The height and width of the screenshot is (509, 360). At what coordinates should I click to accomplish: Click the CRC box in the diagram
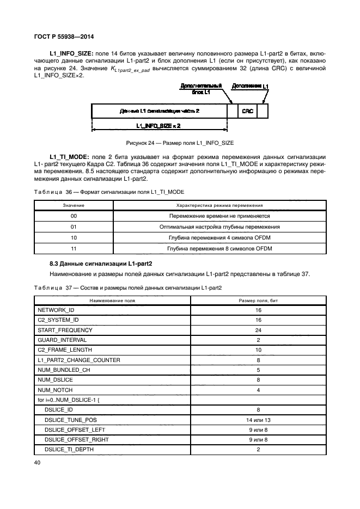248,111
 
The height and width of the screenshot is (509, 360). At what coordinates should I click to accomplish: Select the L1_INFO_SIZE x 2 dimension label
158,125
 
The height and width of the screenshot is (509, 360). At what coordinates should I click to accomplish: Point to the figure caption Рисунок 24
179,143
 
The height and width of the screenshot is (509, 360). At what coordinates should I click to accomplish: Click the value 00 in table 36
74,216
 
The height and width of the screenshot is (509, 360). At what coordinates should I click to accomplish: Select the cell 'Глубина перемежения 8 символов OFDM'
220,249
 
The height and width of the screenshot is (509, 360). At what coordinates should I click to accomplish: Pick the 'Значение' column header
74,205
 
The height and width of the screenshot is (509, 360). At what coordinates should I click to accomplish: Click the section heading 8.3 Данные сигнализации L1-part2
101,263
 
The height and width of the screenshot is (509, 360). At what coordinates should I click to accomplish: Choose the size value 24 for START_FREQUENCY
258,330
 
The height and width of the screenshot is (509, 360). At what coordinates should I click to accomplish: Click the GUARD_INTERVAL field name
59,340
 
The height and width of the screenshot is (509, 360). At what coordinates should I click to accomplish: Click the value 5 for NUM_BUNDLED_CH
258,370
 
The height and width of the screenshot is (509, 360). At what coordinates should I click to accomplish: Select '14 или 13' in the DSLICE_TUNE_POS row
258,420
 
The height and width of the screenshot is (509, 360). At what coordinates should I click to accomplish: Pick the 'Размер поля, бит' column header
258,300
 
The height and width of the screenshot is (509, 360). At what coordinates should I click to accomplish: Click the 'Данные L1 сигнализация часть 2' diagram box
159,111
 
